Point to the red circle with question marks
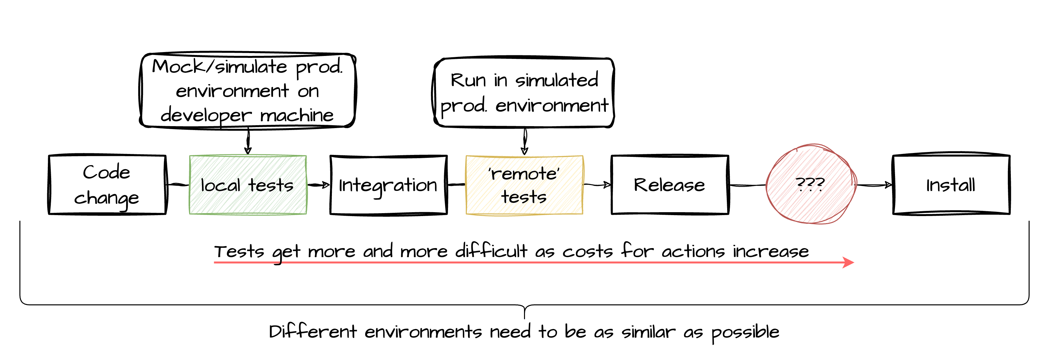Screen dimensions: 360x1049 pyautogui.click(x=810, y=184)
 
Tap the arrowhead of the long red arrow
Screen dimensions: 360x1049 pyautogui.click(x=849, y=262)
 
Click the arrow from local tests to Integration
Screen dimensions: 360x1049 pyautogui.click(x=318, y=185)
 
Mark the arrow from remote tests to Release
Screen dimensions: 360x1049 pyautogui.click(x=597, y=185)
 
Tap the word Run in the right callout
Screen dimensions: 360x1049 pyautogui.click(x=468, y=80)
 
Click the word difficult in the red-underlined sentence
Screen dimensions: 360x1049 pyautogui.click(x=491, y=251)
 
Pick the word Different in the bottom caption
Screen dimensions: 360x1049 pyautogui.click(x=312, y=332)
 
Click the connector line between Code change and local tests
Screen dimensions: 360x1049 pyautogui.click(x=178, y=185)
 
